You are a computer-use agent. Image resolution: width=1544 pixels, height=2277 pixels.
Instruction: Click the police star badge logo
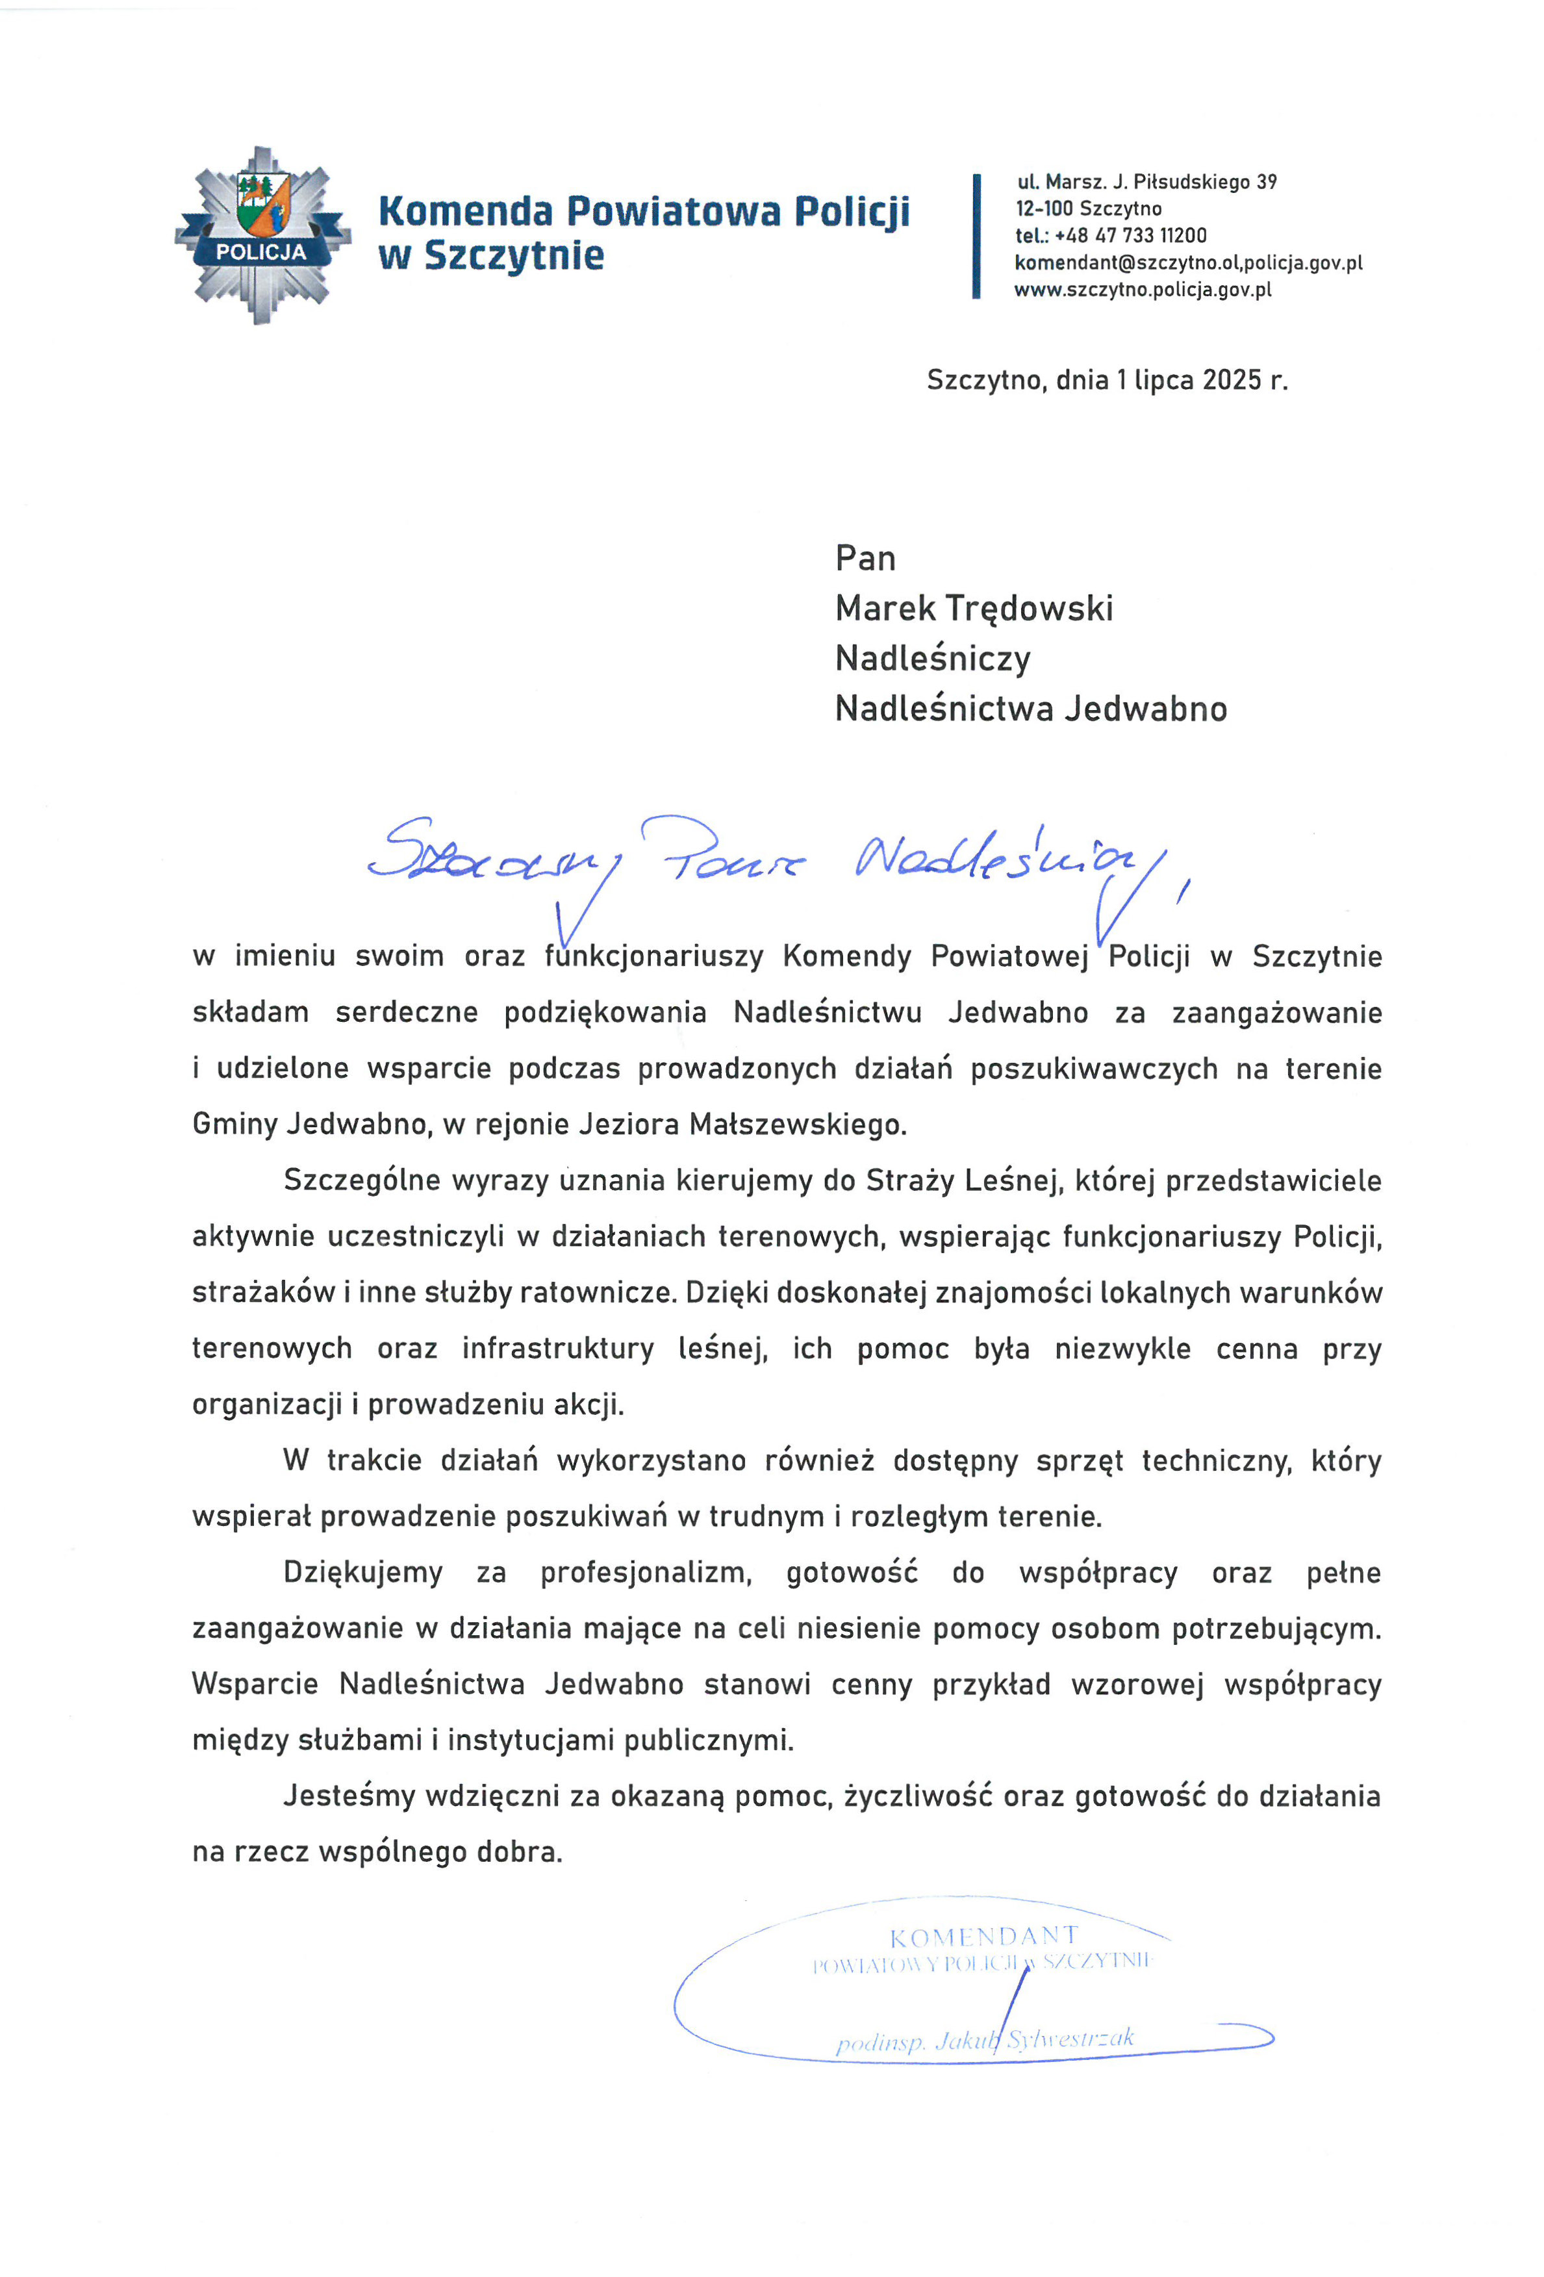pos(262,235)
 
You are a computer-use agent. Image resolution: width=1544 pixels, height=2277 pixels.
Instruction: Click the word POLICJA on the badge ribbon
pos(260,252)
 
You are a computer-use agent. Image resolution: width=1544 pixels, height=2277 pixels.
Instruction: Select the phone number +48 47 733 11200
pos(1131,235)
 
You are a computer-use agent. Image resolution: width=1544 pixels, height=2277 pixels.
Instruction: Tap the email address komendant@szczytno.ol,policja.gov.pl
pos(1187,262)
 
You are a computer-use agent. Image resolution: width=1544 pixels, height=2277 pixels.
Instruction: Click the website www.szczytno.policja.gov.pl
pos(1143,290)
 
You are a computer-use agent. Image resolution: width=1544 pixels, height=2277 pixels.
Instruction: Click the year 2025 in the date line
pos(1232,380)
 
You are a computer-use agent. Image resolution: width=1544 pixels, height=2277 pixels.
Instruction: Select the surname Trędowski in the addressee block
pos(1029,609)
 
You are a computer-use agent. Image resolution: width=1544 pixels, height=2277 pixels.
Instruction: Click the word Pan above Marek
pos(865,559)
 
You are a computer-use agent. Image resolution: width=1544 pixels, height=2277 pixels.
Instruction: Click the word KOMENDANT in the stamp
pos(983,1937)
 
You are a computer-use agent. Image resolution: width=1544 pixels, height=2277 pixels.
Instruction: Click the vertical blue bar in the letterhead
pos(976,236)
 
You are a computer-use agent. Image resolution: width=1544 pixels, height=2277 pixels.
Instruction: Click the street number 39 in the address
pos(1267,183)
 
